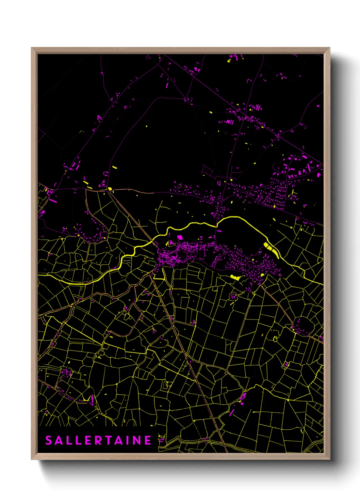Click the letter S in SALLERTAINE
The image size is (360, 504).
[49, 440]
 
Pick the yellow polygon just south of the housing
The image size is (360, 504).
[235, 277]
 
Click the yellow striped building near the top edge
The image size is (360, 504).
[229, 61]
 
